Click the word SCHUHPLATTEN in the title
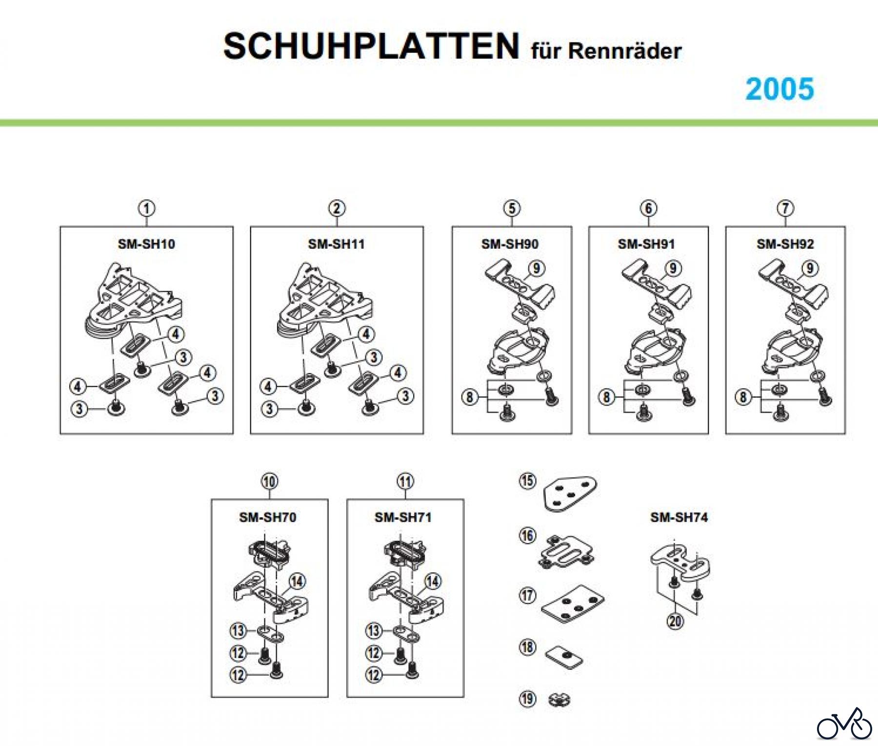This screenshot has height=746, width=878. [371, 47]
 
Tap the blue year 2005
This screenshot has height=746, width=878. [779, 89]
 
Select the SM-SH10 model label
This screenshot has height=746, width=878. [146, 244]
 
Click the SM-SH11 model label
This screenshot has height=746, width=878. [336, 244]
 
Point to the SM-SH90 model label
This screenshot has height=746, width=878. [510, 244]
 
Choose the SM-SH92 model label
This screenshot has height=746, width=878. [785, 244]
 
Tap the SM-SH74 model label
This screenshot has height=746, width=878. [679, 517]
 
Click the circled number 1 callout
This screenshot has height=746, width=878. [147, 209]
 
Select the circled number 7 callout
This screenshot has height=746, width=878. [785, 209]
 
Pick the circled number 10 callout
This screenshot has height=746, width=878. [270, 482]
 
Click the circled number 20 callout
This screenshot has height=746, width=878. [676, 621]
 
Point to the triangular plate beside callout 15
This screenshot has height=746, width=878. [570, 493]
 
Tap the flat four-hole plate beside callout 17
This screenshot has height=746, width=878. [573, 604]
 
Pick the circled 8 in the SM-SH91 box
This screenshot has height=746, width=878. [606, 397]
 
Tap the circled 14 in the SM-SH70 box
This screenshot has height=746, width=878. [298, 581]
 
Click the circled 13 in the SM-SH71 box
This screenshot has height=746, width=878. [374, 630]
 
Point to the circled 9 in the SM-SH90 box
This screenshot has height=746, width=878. [537, 268]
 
